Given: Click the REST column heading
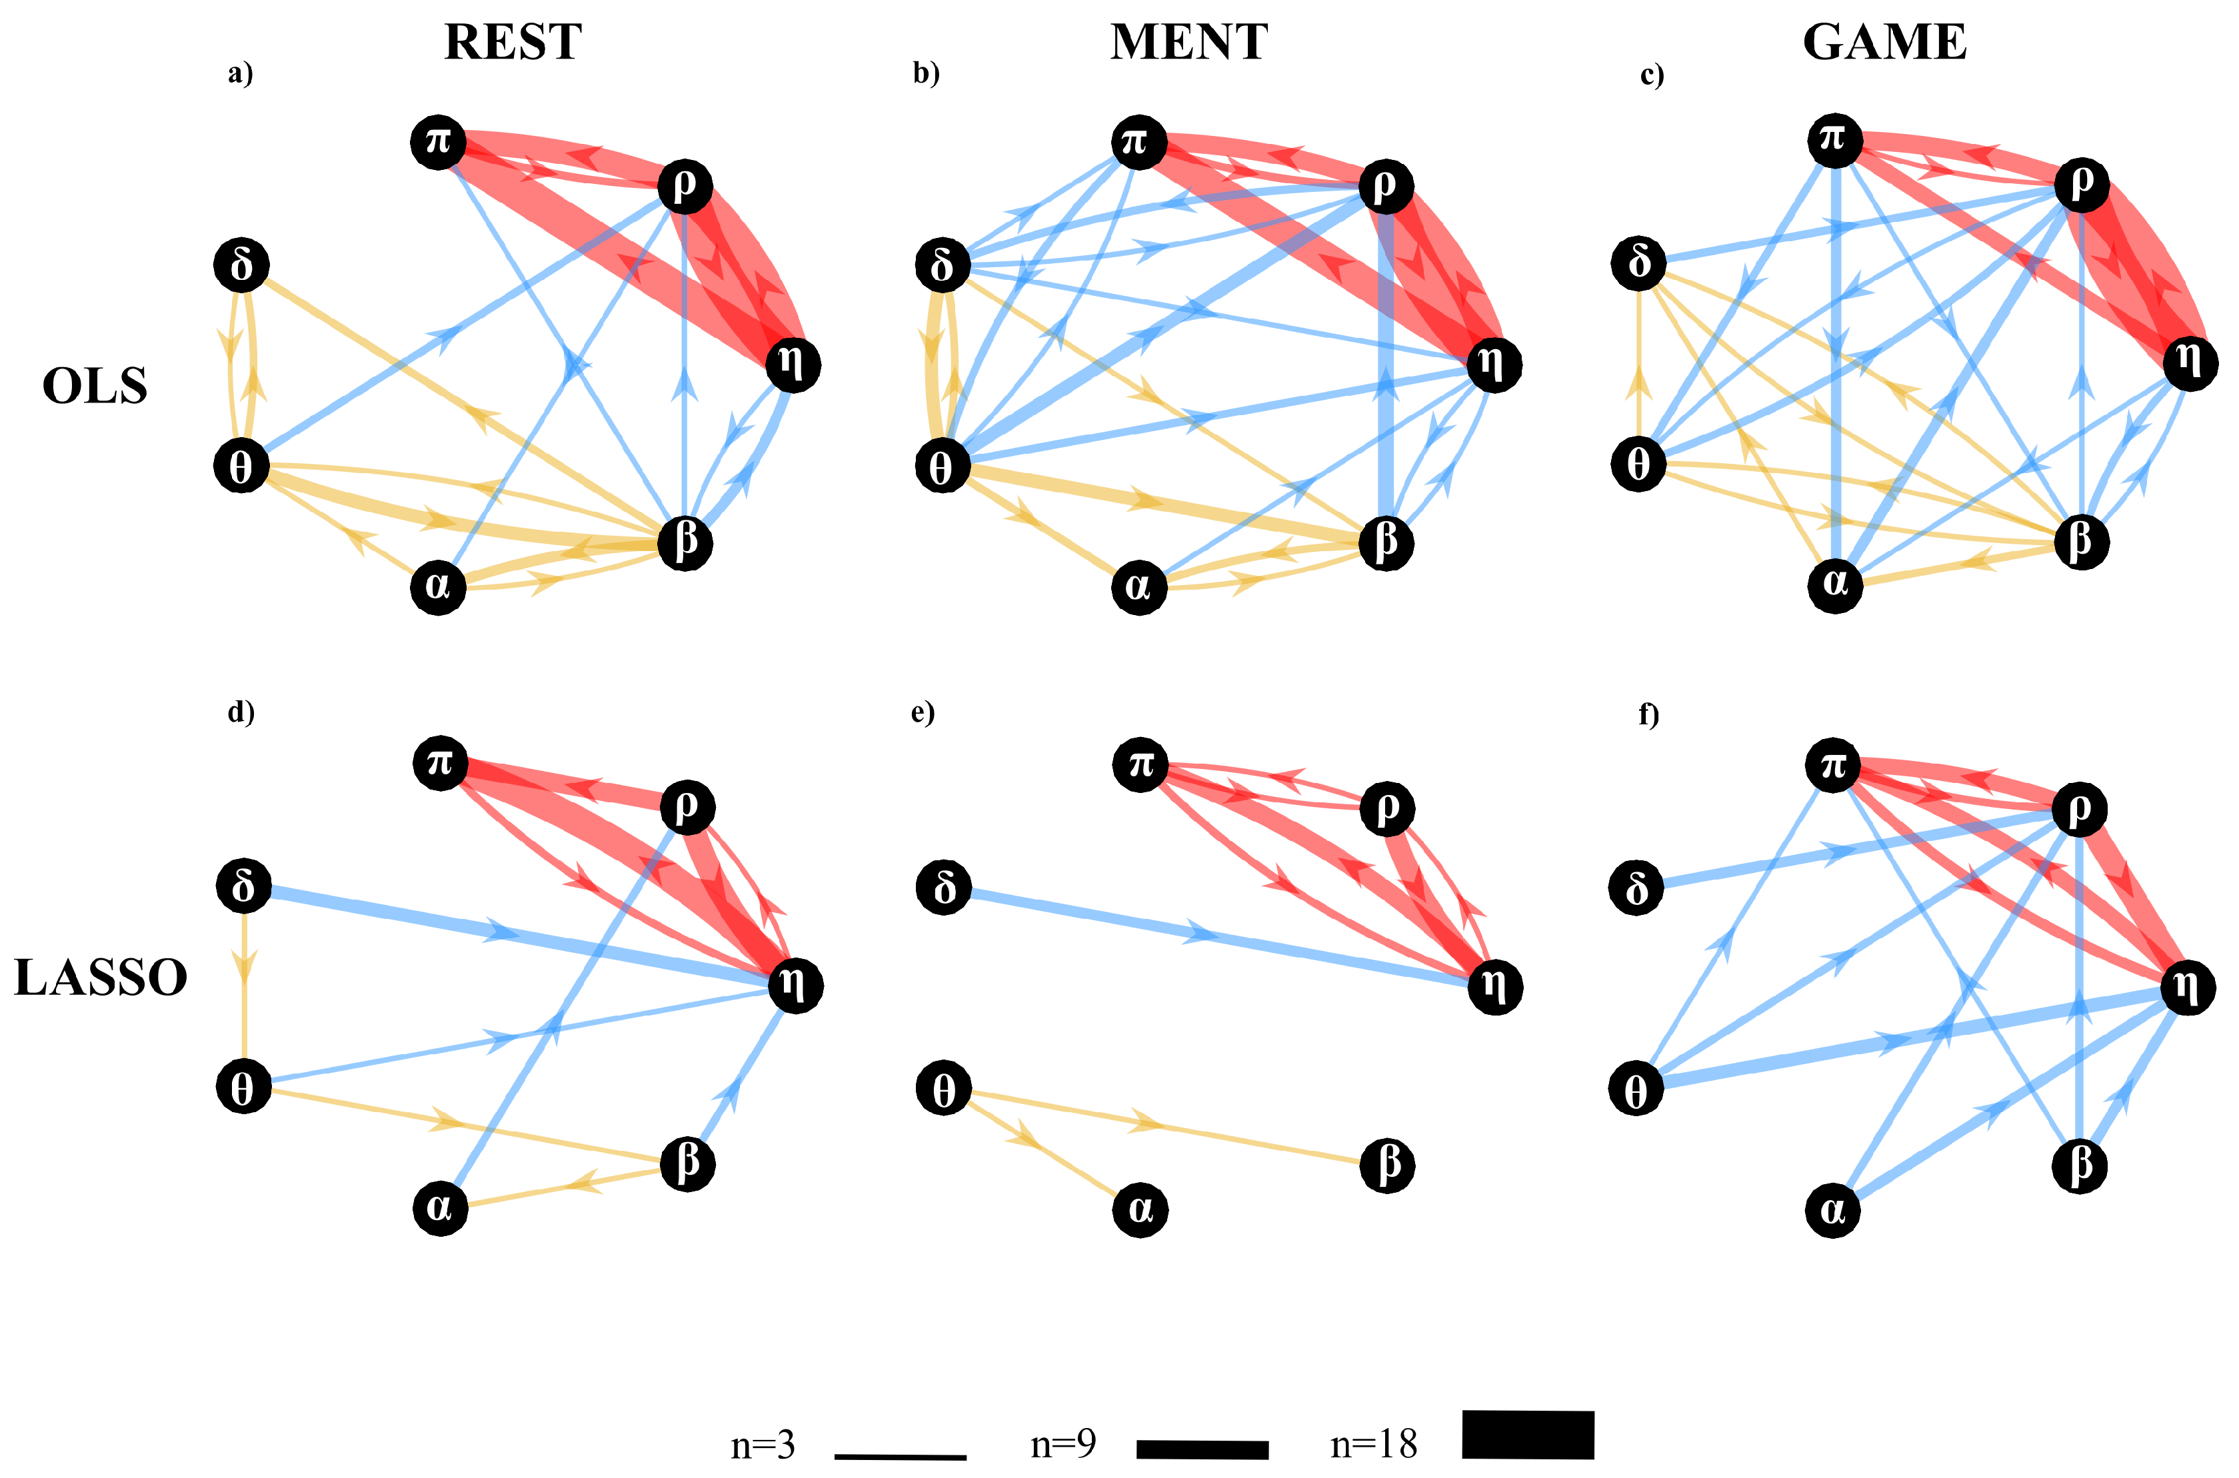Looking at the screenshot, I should [x=513, y=43].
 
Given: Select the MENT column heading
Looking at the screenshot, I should [x=1188, y=43].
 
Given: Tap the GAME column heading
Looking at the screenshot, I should [x=1884, y=43].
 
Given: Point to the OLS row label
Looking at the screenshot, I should [x=95, y=386].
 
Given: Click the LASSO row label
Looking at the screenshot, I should [x=101, y=978].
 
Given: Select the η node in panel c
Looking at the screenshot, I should [x=2189, y=362].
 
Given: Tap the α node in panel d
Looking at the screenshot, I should [x=440, y=1207].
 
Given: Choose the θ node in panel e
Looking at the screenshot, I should [x=944, y=1089].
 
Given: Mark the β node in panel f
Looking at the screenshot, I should [x=2079, y=1166].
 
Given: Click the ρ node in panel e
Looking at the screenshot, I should [x=1386, y=808].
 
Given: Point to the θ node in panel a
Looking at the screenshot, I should [x=241, y=466].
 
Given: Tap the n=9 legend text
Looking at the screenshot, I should [x=1063, y=1443].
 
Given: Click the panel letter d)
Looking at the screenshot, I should [x=241, y=712].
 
